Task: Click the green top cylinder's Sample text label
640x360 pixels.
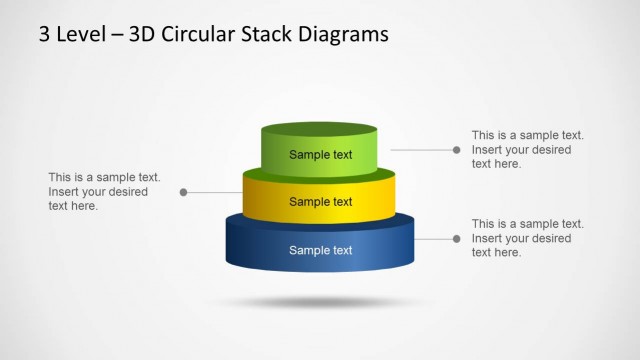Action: (x=320, y=154)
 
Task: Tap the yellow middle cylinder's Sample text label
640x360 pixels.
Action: (x=320, y=202)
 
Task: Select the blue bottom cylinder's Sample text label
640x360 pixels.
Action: (x=320, y=250)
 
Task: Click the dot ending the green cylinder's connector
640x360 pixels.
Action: (x=457, y=150)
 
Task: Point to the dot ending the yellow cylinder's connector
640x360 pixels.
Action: (x=184, y=192)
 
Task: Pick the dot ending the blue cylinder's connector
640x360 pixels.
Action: (x=457, y=239)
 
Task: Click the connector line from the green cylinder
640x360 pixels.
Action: (x=418, y=150)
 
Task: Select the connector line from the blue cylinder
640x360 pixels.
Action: (x=434, y=239)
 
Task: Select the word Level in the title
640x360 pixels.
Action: (x=77, y=35)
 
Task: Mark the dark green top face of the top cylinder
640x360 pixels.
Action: (x=319, y=130)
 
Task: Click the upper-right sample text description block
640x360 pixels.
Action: (x=527, y=149)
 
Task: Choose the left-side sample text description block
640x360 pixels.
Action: (x=103, y=191)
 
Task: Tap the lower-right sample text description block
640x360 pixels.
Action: (x=527, y=238)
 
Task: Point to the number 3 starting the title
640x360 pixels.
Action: (x=45, y=35)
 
